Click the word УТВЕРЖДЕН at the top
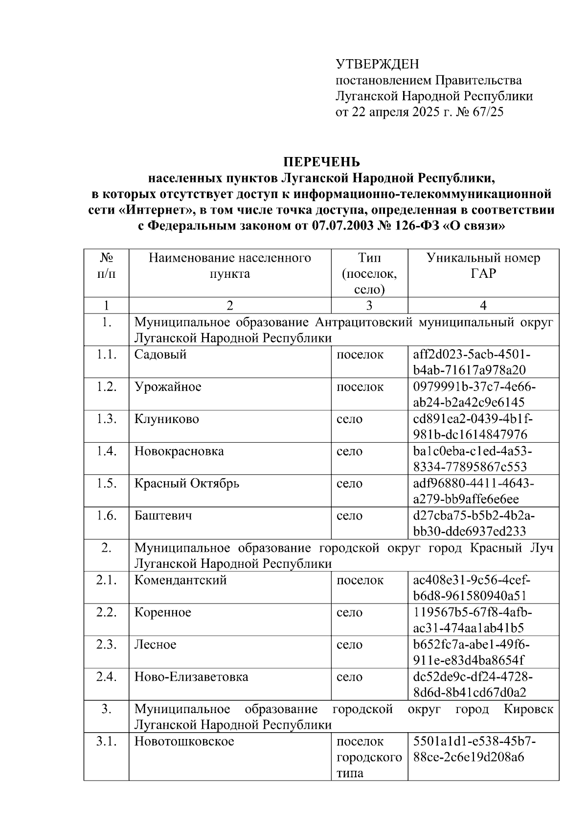tap(377, 64)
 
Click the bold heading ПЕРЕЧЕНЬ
tap(322, 162)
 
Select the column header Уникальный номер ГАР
tap(483, 266)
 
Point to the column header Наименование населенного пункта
tap(230, 266)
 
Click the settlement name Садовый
tap(160, 355)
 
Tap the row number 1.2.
tap(106, 386)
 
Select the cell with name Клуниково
tap(167, 419)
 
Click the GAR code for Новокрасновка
tap(472, 459)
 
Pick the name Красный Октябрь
tap(187, 484)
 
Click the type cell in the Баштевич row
tap(349, 516)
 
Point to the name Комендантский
tap(181, 581)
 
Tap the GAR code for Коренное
tap(472, 620)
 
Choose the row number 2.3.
tap(106, 645)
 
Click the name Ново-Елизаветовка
tap(191, 677)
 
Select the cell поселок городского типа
tap(369, 757)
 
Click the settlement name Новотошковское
tap(184, 741)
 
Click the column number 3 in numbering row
tap(369, 306)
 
